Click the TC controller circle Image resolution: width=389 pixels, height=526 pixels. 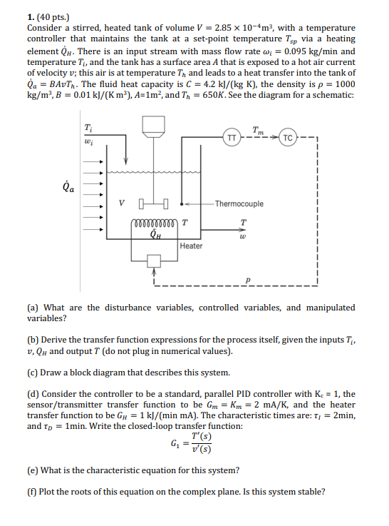pos(287,136)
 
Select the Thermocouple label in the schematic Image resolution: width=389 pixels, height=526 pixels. pos(239,203)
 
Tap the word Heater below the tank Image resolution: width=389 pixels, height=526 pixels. pos(191,246)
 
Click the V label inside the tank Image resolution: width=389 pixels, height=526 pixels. pos(123,204)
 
